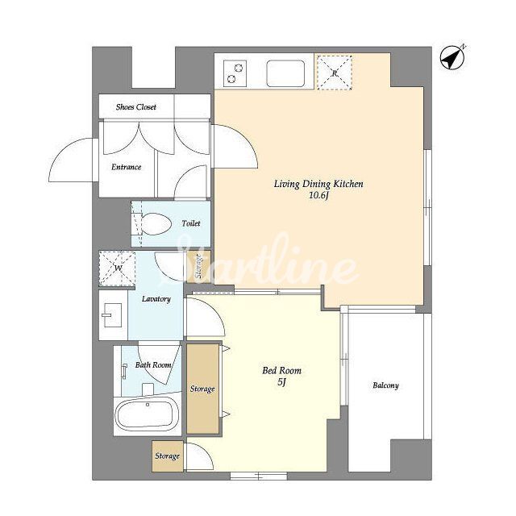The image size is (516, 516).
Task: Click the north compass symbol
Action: pyautogui.click(x=452, y=58)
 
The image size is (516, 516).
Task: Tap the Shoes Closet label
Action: pyautogui.click(x=136, y=107)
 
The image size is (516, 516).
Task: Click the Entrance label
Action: pyautogui.click(x=126, y=167)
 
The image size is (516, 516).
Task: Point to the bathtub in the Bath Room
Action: pyautogui.click(x=147, y=414)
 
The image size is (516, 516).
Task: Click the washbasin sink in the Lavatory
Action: pyautogui.click(x=112, y=315)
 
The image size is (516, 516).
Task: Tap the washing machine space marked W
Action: pyautogui.click(x=117, y=268)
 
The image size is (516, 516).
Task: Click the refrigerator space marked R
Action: pyautogui.click(x=335, y=73)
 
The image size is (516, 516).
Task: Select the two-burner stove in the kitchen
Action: pyautogui.click(x=235, y=73)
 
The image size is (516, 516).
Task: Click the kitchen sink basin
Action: pyautogui.click(x=285, y=73)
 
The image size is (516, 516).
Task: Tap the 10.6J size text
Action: pyautogui.click(x=319, y=196)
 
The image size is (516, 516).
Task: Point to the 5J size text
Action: pyautogui.click(x=281, y=382)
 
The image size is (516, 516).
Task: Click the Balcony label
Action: pyautogui.click(x=385, y=385)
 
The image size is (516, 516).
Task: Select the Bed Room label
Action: pyautogui.click(x=281, y=371)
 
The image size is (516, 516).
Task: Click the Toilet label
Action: pyautogui.click(x=191, y=223)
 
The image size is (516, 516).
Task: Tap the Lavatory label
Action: pyautogui.click(x=156, y=299)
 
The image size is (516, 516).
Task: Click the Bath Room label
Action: pyautogui.click(x=153, y=365)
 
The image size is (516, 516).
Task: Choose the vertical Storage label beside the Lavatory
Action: pyautogui.click(x=198, y=267)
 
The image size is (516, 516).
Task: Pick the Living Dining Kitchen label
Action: pyautogui.click(x=318, y=184)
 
